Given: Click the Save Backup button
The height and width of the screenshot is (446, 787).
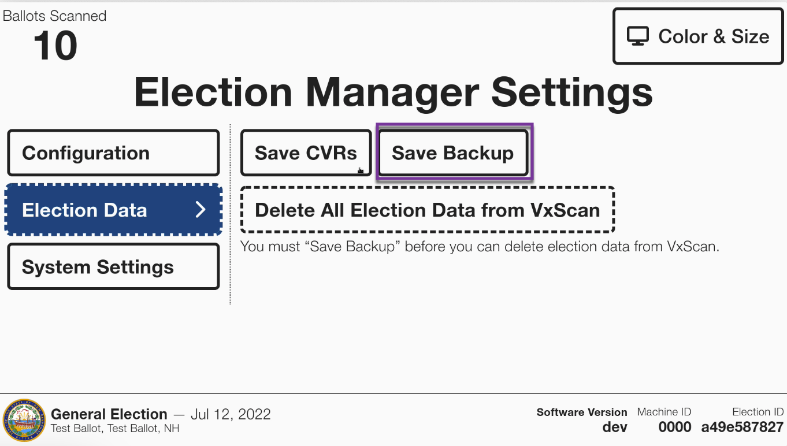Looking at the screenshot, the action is point(453,153).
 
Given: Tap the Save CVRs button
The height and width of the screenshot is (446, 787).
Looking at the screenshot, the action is point(306,153).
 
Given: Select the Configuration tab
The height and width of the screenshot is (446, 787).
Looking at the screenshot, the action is point(113,153).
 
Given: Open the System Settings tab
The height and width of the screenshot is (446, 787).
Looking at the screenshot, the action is point(113,266).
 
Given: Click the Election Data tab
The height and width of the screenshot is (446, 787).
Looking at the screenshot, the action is point(113,210).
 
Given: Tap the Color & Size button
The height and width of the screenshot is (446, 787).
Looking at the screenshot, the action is point(698,36).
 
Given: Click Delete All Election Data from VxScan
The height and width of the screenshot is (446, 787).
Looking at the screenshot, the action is point(428,210).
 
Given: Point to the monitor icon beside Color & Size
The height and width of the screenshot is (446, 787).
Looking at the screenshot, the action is point(638,36).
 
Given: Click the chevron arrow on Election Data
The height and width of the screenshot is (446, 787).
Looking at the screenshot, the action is point(201,210).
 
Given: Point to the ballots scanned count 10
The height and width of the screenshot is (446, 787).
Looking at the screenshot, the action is point(55,45).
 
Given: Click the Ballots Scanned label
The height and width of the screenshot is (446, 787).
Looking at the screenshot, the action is point(54,16).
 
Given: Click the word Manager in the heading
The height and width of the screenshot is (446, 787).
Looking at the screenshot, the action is point(392,92).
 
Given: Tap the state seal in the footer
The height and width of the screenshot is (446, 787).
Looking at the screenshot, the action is point(24,420).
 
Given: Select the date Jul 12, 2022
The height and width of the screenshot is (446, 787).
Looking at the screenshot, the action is point(231,414).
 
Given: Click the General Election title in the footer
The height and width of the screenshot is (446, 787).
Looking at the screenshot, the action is point(109,414).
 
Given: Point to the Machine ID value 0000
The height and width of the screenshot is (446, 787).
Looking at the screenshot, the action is point(674,427).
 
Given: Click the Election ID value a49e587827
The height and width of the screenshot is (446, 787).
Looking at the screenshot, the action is point(743,427).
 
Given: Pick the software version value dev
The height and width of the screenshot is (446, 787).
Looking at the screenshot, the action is point(615,427).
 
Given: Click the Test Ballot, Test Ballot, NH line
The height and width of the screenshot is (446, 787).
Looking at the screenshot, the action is point(115,429).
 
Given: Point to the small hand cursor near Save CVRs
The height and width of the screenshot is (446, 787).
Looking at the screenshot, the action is point(361,170).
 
